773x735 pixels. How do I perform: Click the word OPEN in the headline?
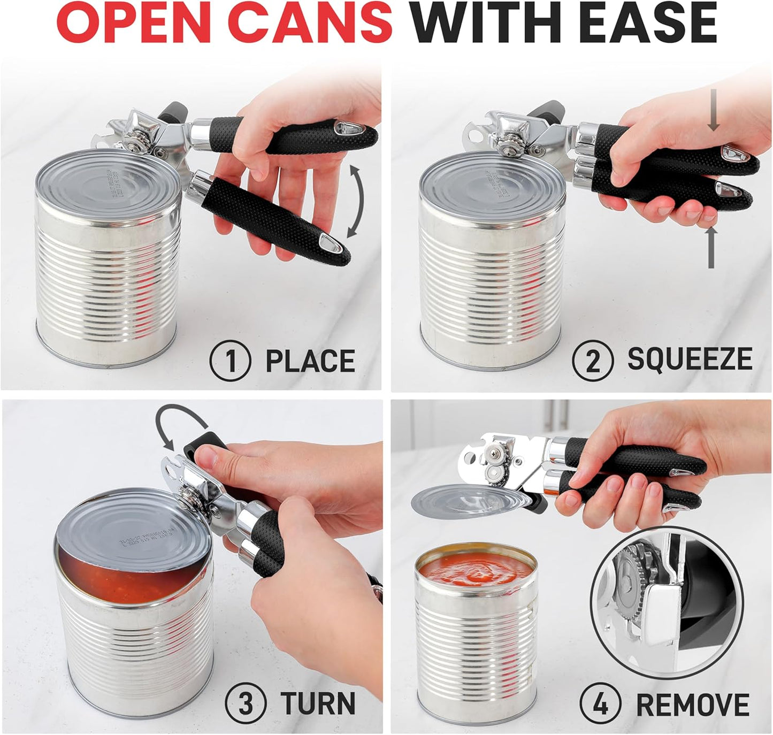(134, 24)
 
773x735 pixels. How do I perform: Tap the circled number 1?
(230, 361)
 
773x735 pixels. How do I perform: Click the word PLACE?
(310, 361)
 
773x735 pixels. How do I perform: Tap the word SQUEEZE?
(690, 359)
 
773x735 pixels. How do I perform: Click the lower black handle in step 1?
(273, 217)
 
